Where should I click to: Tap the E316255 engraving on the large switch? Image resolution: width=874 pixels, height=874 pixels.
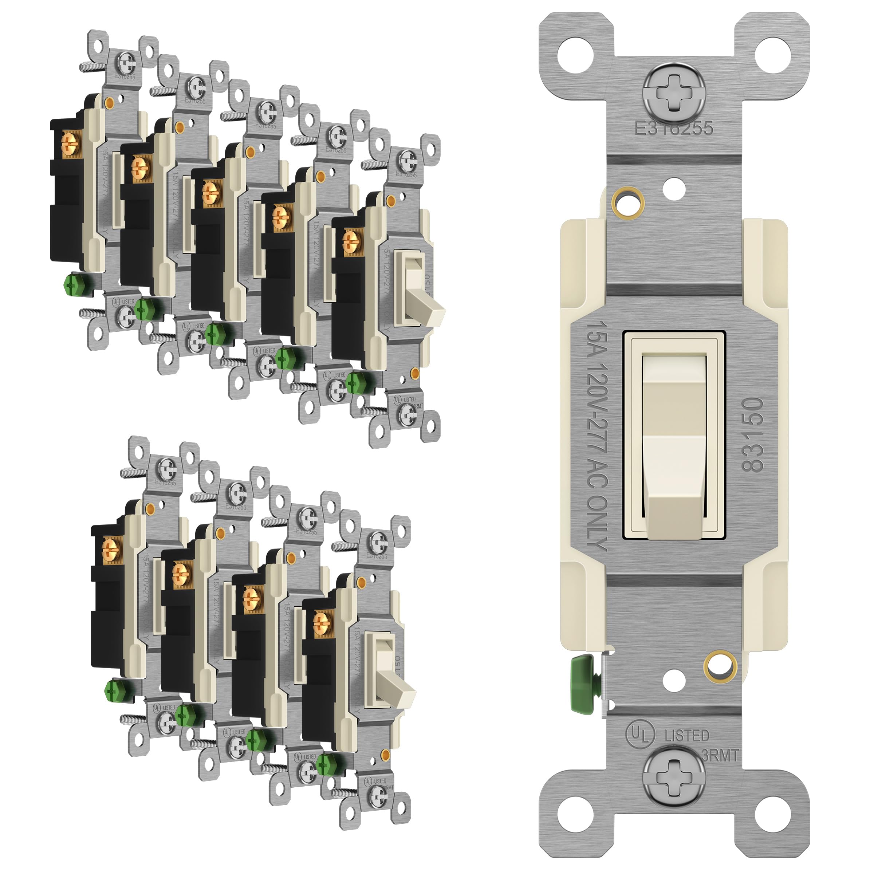tap(674, 129)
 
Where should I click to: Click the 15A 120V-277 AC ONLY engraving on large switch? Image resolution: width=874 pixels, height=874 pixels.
tap(596, 436)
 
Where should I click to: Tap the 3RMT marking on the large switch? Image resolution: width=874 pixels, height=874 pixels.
tap(720, 755)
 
